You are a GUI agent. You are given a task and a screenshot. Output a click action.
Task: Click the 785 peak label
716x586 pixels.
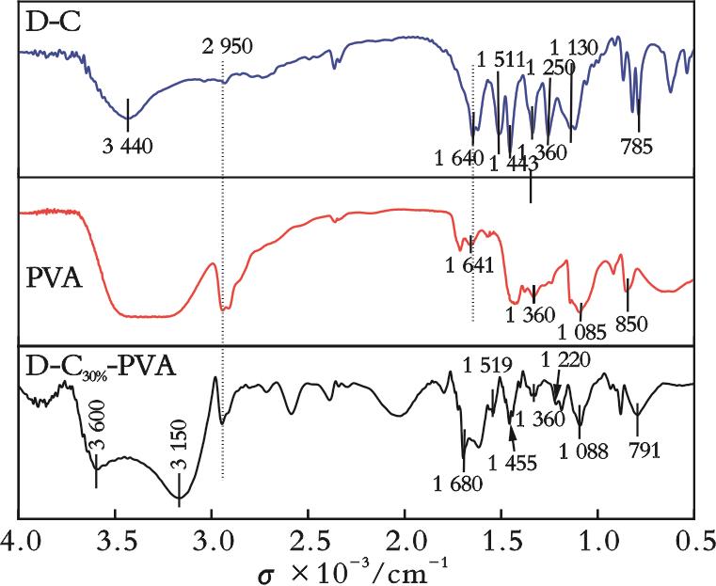click(x=636, y=146)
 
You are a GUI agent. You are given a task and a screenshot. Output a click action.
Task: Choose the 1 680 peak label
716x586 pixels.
click(x=458, y=484)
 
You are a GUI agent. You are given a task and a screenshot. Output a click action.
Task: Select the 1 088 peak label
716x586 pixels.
click(x=583, y=451)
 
